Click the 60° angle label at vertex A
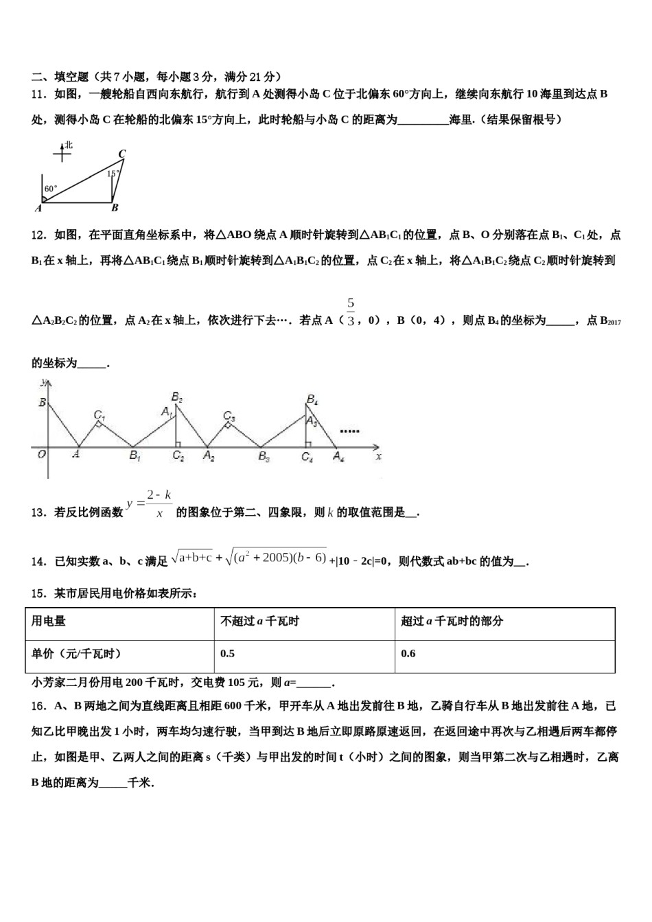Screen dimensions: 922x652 pyautogui.click(x=51, y=189)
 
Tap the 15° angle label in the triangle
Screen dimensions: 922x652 pyautogui.click(x=113, y=174)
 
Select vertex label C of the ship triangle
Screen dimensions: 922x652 pyautogui.click(x=121, y=154)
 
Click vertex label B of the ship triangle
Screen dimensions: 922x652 pyautogui.click(x=115, y=208)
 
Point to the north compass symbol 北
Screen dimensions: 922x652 pyautogui.click(x=68, y=145)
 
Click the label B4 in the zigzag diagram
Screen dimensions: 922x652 pyautogui.click(x=312, y=399)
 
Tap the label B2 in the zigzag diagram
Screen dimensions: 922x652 pyautogui.click(x=176, y=397)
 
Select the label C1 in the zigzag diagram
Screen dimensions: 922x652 pyautogui.click(x=99, y=415)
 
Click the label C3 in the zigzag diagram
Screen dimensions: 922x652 pyautogui.click(x=229, y=416)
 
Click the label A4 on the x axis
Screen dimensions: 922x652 pyautogui.click(x=338, y=456)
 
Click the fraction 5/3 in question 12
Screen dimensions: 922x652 pyautogui.click(x=351, y=312)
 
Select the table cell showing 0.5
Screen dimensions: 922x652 pyautogui.click(x=228, y=654)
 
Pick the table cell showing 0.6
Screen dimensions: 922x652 pyautogui.click(x=408, y=654)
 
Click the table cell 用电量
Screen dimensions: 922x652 pyautogui.click(x=49, y=622)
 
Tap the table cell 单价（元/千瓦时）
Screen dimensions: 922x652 pyautogui.click(x=76, y=654)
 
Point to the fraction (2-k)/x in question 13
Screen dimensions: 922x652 pyautogui.click(x=159, y=504)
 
